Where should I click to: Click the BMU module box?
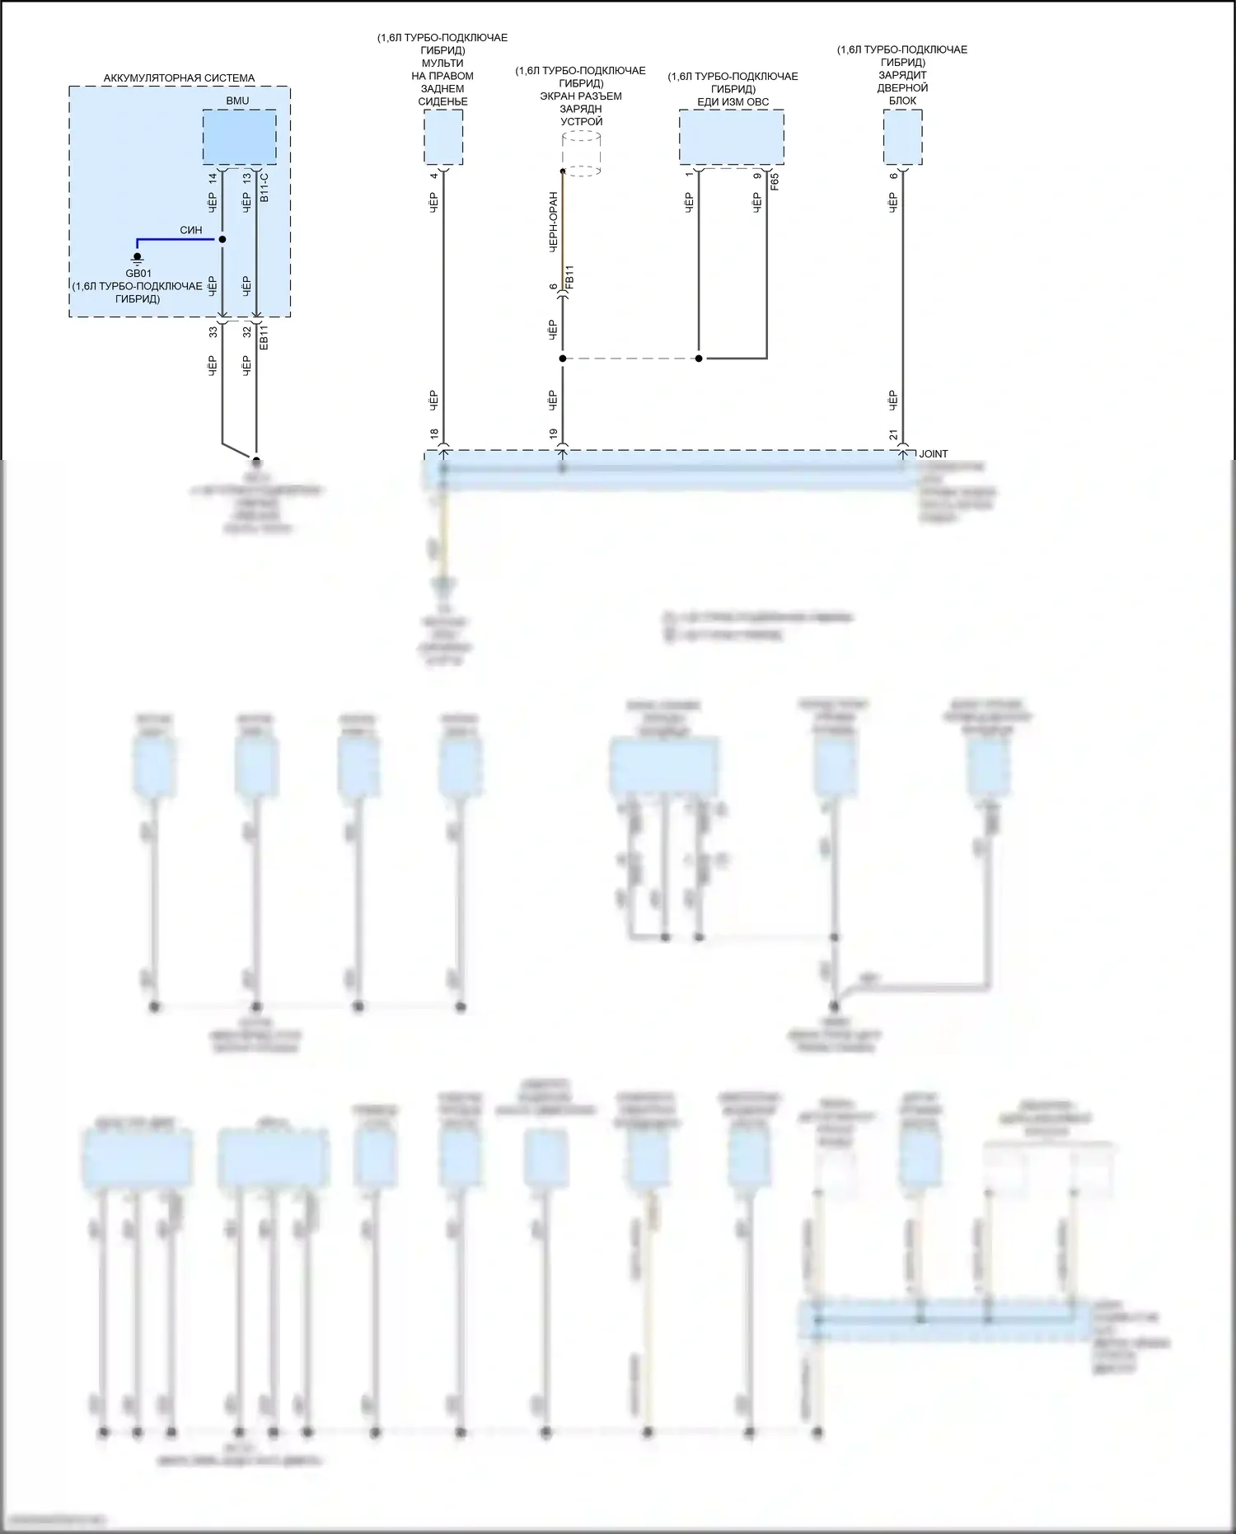point(239,137)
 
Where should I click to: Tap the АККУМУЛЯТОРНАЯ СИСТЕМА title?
point(179,78)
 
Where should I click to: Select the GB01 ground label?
point(138,274)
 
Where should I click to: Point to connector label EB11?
point(264,337)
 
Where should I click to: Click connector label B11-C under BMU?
point(264,188)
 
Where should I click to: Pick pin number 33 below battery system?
point(213,332)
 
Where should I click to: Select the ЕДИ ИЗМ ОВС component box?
point(731,138)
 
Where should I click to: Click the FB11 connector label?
point(569,276)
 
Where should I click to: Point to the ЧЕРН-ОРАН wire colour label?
point(553,222)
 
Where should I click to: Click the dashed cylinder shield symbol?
point(581,154)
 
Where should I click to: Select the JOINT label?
point(934,454)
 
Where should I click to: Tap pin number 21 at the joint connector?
point(893,434)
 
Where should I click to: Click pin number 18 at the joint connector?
point(434,434)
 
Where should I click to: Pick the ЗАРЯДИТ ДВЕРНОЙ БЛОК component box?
point(902,138)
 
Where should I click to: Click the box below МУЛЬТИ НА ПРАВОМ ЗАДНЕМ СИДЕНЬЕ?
point(443,138)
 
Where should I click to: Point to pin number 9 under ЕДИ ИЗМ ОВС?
point(757,176)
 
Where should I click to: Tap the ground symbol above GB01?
point(138,258)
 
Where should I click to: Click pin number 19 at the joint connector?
point(553,434)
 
